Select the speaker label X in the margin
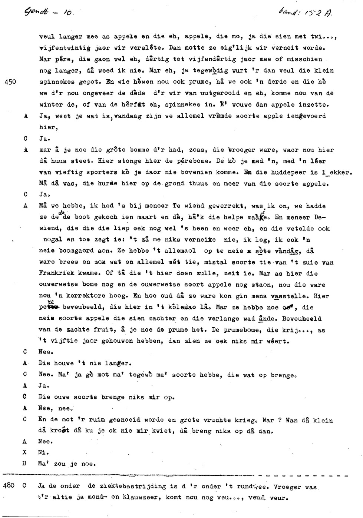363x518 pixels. point(26,452)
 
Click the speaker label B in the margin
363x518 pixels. point(26,464)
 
